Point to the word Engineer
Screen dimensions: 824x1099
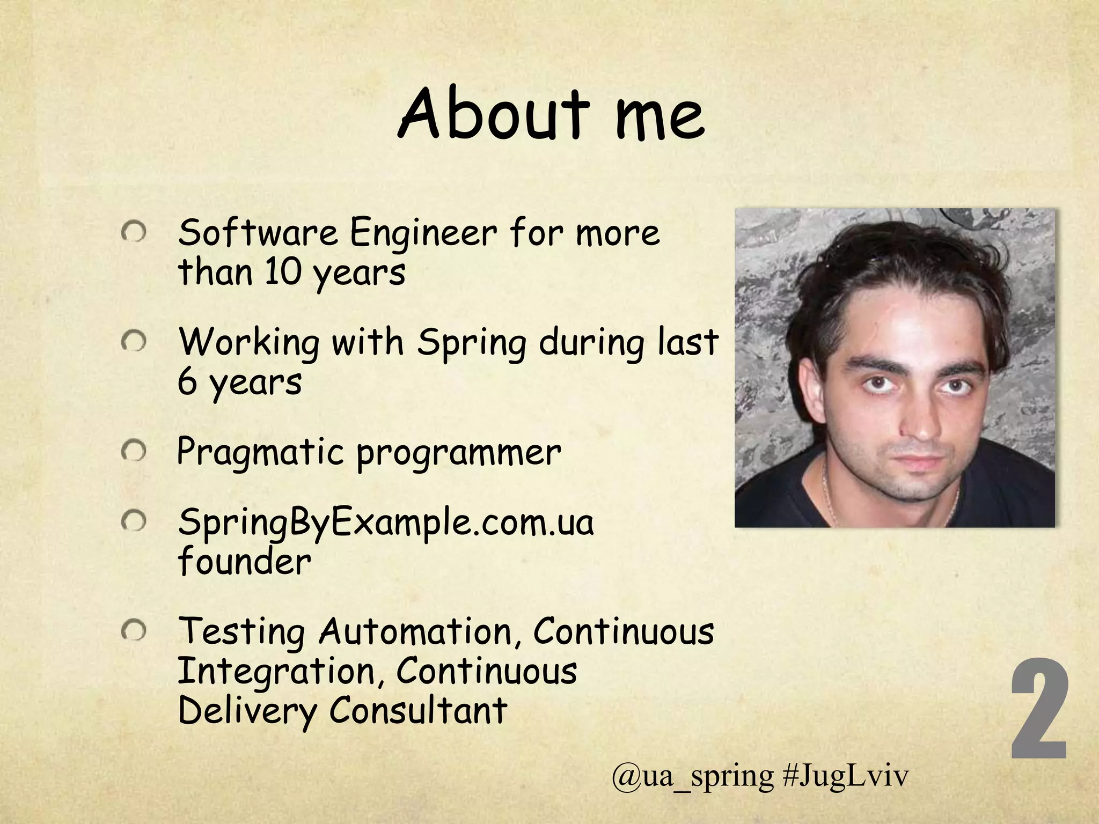click(x=423, y=234)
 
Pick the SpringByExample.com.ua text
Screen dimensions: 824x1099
click(x=385, y=523)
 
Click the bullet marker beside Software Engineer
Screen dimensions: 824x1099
click(x=133, y=233)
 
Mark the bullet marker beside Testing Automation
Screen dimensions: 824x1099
click(x=133, y=631)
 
